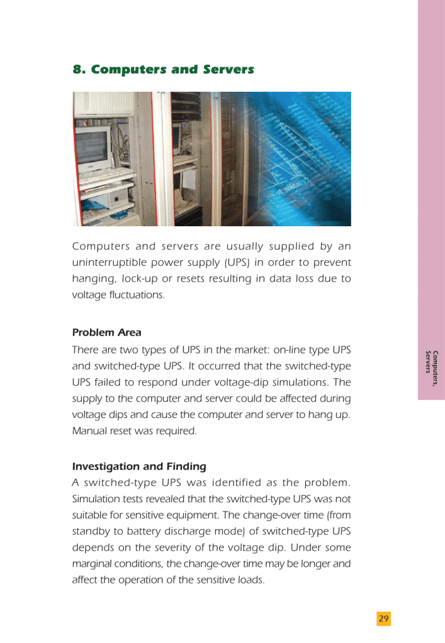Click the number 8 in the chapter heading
pos(78,69)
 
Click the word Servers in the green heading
pos(228,69)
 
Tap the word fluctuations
pos(135,295)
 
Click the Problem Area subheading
pos(106,332)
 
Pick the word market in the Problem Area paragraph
pos(251,349)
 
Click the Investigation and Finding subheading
pos(139,466)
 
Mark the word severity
pos(169,548)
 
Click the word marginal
pos(94,564)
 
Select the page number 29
pos(383,619)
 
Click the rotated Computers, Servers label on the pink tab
pos(431,368)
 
